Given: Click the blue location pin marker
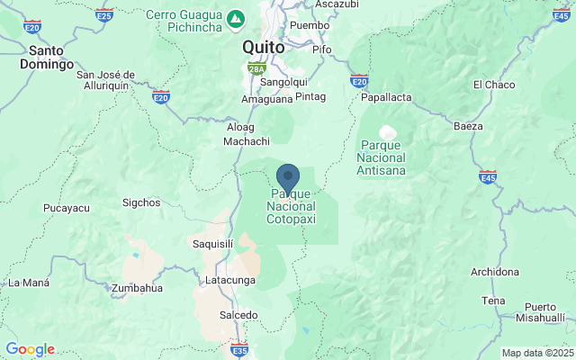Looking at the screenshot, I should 288,175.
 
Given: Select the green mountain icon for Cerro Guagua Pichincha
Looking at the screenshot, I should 235,17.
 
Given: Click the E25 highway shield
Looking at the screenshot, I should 104,15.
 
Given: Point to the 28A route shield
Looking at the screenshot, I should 256,67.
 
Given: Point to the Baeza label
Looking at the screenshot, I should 469,125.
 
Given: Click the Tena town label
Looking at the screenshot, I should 493,301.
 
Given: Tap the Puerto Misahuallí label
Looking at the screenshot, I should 545,312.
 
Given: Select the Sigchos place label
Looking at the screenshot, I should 139,202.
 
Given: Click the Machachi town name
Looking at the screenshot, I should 247,141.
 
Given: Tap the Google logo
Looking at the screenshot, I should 30,349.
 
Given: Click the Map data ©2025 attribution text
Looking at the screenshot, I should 537,353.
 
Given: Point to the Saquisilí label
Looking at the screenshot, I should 212,243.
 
